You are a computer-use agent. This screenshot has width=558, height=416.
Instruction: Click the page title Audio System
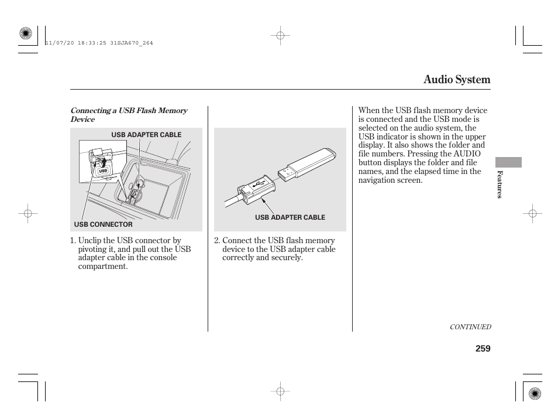(457, 80)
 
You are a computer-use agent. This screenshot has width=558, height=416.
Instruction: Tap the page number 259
(483, 349)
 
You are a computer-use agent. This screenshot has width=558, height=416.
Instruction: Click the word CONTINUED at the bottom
(470, 327)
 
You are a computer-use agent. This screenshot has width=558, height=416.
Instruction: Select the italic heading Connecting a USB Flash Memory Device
(129, 115)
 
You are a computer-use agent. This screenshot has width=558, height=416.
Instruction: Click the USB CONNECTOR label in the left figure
(103, 224)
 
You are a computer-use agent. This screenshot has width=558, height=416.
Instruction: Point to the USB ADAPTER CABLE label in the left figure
(146, 135)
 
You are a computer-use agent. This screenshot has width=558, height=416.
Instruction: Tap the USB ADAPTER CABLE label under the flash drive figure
(290, 217)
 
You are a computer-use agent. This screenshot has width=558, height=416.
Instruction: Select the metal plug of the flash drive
(287, 173)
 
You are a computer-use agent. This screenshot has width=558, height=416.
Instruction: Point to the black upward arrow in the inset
(104, 161)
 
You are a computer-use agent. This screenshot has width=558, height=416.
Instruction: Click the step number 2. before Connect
(217, 240)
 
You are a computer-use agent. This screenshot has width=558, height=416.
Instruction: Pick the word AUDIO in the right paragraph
(467, 154)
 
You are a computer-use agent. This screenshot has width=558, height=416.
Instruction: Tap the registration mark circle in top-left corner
(25, 33)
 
